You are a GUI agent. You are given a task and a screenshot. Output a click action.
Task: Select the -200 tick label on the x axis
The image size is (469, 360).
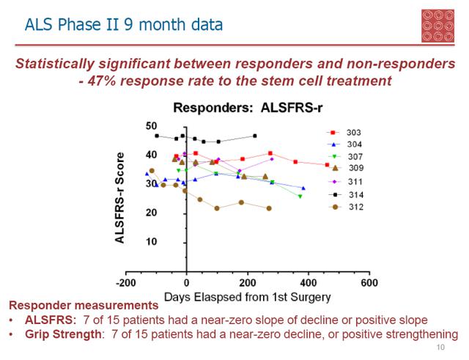[126, 283]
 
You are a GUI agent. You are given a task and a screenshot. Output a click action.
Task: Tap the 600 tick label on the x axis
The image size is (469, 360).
[369, 283]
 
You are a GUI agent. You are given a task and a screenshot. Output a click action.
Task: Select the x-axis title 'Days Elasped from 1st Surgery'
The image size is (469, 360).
[248, 297]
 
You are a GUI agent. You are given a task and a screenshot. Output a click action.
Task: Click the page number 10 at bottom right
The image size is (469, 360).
[440, 348]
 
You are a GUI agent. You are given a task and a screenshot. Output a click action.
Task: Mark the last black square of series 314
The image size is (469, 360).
[254, 136]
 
